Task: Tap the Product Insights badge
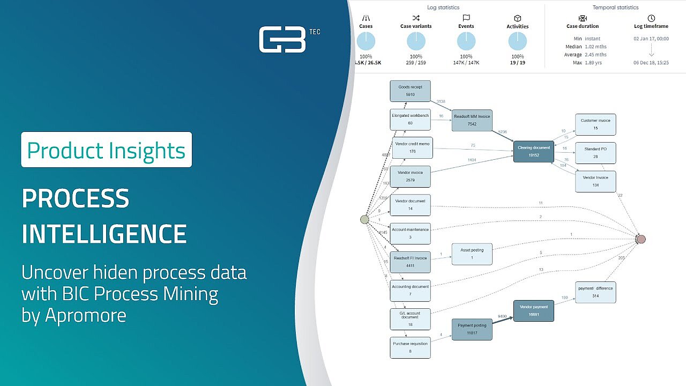point(106,150)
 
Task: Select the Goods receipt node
point(410,91)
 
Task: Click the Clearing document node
point(534,151)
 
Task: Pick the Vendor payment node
point(533,311)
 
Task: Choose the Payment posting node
point(472,329)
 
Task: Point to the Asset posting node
point(472,254)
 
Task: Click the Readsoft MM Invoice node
point(472,120)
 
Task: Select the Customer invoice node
point(595,124)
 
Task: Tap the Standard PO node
point(595,153)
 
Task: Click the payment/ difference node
point(595,292)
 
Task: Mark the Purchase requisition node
point(410,347)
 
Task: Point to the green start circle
point(364,219)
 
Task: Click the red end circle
point(641,239)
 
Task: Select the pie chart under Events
point(466,41)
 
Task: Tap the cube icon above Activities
point(518,18)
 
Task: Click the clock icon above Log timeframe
point(651,18)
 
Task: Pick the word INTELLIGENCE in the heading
point(105,234)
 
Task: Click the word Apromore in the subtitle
point(86,315)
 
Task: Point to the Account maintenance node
point(410,233)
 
